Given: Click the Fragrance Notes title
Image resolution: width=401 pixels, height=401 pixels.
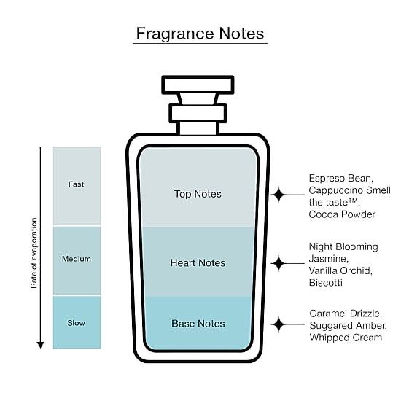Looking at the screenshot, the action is point(200,34).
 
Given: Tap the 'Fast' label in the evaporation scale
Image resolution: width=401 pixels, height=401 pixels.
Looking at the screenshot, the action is point(76,184).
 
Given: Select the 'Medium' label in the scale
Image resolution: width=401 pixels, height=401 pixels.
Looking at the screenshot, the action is point(77,259).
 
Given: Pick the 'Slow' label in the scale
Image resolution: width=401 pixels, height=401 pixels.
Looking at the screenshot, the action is point(77,323).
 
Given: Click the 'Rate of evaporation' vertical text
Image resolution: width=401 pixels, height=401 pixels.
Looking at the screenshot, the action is point(34,253).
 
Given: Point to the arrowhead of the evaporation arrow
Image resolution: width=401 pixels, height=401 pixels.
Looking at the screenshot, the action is point(40,345).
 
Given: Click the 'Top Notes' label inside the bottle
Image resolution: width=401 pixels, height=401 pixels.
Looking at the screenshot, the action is point(198,194).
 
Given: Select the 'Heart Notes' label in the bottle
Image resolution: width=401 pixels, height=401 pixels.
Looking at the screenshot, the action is point(198,263).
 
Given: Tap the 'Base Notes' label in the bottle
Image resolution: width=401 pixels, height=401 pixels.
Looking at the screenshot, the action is point(198,324).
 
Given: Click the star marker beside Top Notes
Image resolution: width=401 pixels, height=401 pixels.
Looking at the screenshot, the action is point(279,195).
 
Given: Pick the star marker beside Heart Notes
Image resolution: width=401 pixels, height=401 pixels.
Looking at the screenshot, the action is point(279,263).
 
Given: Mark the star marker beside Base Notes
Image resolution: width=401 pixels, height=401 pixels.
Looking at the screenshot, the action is point(279,324).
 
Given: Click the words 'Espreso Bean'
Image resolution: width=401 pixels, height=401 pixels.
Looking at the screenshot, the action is point(341,178).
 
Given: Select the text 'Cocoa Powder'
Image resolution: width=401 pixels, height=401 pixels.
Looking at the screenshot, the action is point(342,214).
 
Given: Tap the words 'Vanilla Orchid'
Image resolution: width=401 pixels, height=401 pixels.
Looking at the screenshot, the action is point(340,270).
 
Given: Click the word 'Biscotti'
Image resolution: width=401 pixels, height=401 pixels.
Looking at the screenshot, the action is point(326,283).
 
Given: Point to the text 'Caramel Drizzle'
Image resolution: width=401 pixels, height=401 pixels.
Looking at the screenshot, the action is point(346,314).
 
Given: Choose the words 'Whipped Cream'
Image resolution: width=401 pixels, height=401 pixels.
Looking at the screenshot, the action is point(346,338).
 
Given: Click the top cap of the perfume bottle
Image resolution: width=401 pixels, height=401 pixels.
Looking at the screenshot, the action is point(198,85).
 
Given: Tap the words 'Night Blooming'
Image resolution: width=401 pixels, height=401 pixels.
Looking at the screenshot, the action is point(343,246).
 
